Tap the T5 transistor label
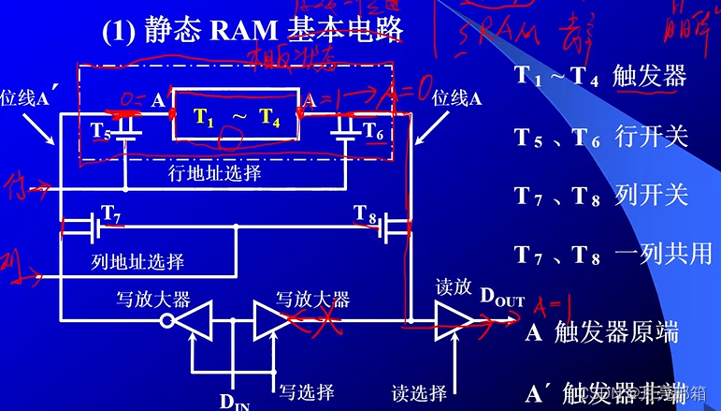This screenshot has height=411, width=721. pos(99,129)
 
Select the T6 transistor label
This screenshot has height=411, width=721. pos(372,129)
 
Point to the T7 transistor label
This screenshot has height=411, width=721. pos(111,214)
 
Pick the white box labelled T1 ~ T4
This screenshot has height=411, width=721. pos(236,116)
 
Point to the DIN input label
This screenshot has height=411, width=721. pos(236,402)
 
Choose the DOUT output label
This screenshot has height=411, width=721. pos(503,298)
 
